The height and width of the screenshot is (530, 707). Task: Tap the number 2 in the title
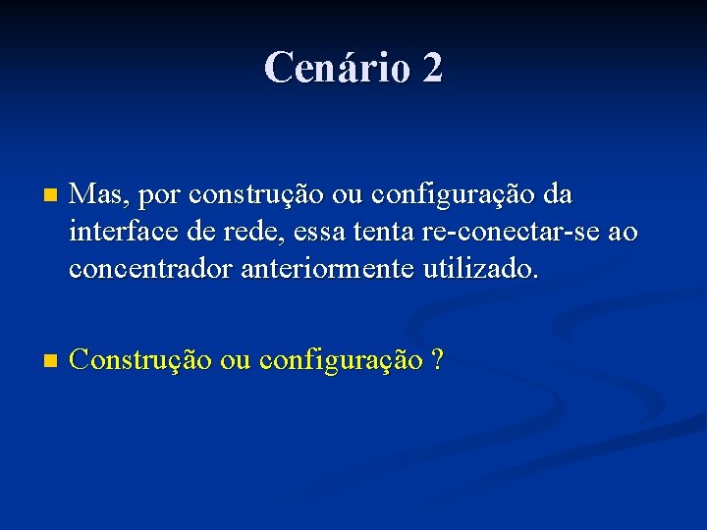tap(433, 68)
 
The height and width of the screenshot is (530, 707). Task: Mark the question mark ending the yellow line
tap(437, 360)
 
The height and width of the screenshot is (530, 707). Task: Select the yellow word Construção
tap(141, 360)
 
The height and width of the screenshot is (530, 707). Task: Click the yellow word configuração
tap(343, 361)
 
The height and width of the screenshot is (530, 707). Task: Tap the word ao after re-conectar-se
tap(622, 233)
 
